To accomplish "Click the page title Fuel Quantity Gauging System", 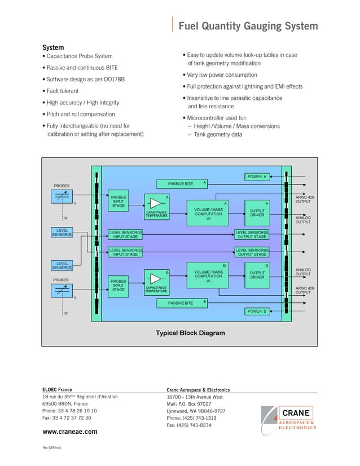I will (x=248, y=27).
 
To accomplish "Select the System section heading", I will (x=54, y=47).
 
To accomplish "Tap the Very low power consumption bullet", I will (x=222, y=75).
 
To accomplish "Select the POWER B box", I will (x=257, y=311).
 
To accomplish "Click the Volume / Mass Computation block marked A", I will (x=208, y=214).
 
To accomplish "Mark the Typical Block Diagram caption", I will (x=190, y=333).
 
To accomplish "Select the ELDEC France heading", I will (x=58, y=390).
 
